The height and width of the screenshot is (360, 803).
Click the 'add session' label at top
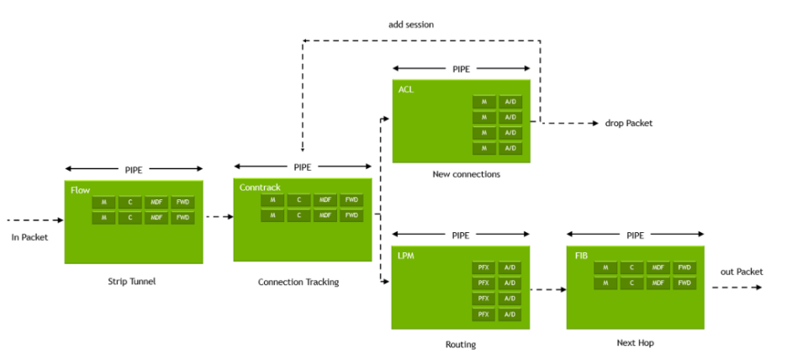click(x=410, y=24)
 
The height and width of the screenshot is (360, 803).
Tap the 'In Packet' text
click(x=29, y=236)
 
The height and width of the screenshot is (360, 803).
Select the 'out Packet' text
click(x=742, y=271)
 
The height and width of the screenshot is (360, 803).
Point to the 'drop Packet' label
click(x=628, y=123)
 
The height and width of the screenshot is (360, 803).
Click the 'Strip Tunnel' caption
click(x=132, y=281)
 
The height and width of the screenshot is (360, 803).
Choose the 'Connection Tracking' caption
click(x=298, y=282)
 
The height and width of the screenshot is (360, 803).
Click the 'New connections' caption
click(x=466, y=174)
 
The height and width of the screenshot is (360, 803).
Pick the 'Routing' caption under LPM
click(x=461, y=344)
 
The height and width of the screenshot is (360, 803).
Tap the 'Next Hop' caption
click(x=635, y=343)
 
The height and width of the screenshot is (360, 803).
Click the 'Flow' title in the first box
click(x=80, y=190)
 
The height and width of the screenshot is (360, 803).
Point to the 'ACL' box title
click(x=405, y=88)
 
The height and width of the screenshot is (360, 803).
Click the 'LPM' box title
click(x=406, y=255)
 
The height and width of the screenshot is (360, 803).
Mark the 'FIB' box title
click(x=581, y=255)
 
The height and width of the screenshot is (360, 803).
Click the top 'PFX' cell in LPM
click(x=483, y=267)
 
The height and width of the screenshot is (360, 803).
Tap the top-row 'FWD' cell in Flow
click(x=182, y=202)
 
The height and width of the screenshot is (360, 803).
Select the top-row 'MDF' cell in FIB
click(x=658, y=267)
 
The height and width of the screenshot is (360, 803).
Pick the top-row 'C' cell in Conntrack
click(x=298, y=200)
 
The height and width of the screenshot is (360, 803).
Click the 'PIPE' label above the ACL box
click(x=462, y=69)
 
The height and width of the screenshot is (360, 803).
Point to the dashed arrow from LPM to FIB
click(x=547, y=290)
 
